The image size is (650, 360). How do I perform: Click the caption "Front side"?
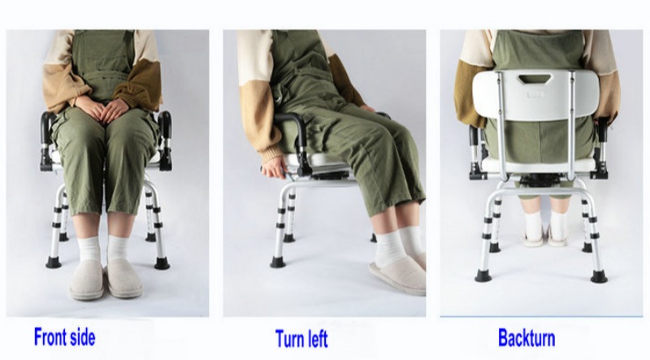coord(64,336)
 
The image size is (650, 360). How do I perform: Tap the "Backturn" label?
coord(526,337)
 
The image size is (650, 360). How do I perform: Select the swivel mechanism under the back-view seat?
coord(536,178)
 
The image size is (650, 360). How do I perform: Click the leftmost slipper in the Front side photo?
coord(86,278)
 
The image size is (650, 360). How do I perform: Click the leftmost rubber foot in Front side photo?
coord(54,262)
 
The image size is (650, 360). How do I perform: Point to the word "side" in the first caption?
coord(80,336)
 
